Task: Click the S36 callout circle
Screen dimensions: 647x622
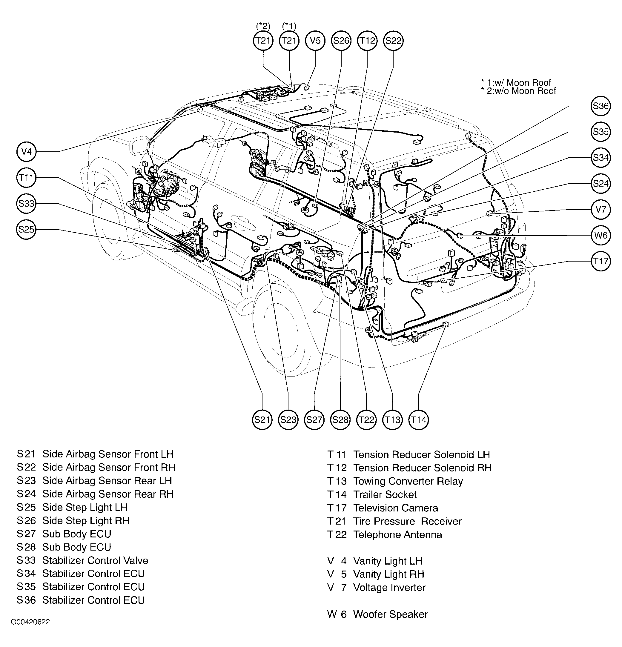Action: click(600, 106)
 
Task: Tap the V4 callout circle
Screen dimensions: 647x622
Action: click(26, 151)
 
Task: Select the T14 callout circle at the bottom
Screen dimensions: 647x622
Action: click(418, 419)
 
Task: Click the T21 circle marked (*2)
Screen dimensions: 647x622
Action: click(263, 41)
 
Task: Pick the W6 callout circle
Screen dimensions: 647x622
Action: click(600, 235)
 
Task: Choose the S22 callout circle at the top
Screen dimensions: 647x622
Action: click(393, 41)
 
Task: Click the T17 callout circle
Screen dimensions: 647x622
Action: click(600, 261)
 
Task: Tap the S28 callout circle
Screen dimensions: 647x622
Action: click(340, 419)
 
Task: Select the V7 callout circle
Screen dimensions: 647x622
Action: click(600, 209)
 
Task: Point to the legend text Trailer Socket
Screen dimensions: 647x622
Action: click(385, 494)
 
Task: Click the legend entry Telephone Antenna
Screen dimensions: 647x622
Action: click(397, 534)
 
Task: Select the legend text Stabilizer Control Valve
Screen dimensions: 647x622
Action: click(95, 560)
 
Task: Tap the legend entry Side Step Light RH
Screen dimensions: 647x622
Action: click(86, 521)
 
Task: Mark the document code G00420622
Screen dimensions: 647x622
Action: click(30, 631)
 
